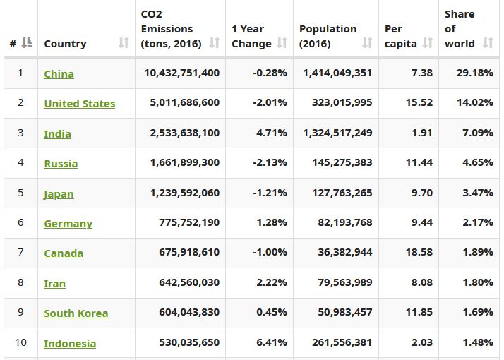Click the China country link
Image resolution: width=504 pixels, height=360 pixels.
[59, 73]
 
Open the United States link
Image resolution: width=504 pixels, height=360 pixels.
[79, 104]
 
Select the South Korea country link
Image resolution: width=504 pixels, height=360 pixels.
[76, 313]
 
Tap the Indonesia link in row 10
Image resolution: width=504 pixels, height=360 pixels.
[70, 344]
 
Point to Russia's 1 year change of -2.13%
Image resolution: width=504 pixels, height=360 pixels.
[270, 162]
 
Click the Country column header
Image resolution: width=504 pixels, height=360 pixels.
[65, 44]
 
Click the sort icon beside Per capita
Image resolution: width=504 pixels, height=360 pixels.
[428, 44]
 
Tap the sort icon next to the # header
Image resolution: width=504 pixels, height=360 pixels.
[27, 44]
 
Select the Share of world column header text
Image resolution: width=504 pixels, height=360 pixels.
[460, 29]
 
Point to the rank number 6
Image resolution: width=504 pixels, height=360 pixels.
[20, 222]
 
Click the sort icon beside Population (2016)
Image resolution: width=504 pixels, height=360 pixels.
[367, 44]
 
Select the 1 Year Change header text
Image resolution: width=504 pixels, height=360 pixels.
[251, 36]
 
